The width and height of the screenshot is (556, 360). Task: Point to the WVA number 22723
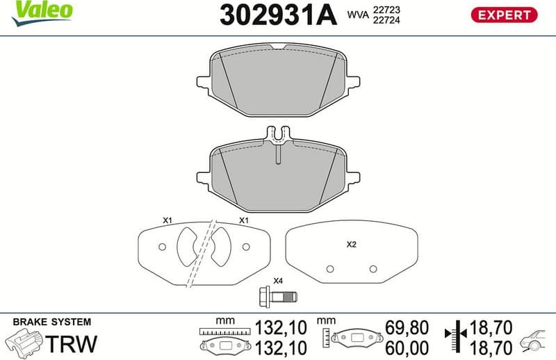(x=386, y=10)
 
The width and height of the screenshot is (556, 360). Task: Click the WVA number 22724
(x=386, y=21)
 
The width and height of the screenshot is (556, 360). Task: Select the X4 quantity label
(x=277, y=281)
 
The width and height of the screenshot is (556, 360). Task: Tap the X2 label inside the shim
(x=351, y=245)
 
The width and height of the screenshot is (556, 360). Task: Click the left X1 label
(x=167, y=220)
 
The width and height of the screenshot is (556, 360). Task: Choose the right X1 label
(x=244, y=220)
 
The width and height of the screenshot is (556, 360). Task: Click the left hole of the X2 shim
(x=331, y=269)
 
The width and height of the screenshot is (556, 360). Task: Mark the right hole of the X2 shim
(x=373, y=269)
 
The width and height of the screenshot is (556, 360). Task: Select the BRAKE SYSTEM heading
(x=52, y=322)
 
